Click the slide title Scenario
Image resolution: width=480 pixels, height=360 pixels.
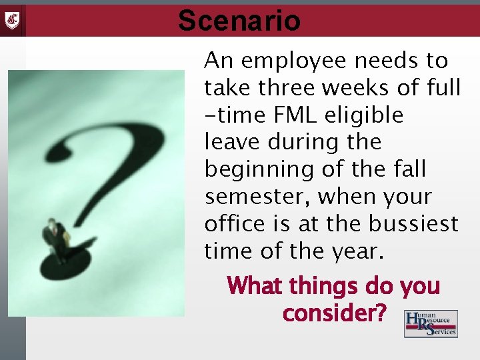(239, 21)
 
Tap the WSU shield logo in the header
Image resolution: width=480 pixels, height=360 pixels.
(13, 19)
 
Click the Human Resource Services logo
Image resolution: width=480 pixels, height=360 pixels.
(431, 323)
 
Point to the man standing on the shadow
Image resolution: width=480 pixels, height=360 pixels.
(55, 240)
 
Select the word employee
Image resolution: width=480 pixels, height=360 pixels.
(303, 61)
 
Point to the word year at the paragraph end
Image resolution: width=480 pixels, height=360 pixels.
(357, 251)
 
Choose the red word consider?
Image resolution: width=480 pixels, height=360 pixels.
(334, 312)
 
